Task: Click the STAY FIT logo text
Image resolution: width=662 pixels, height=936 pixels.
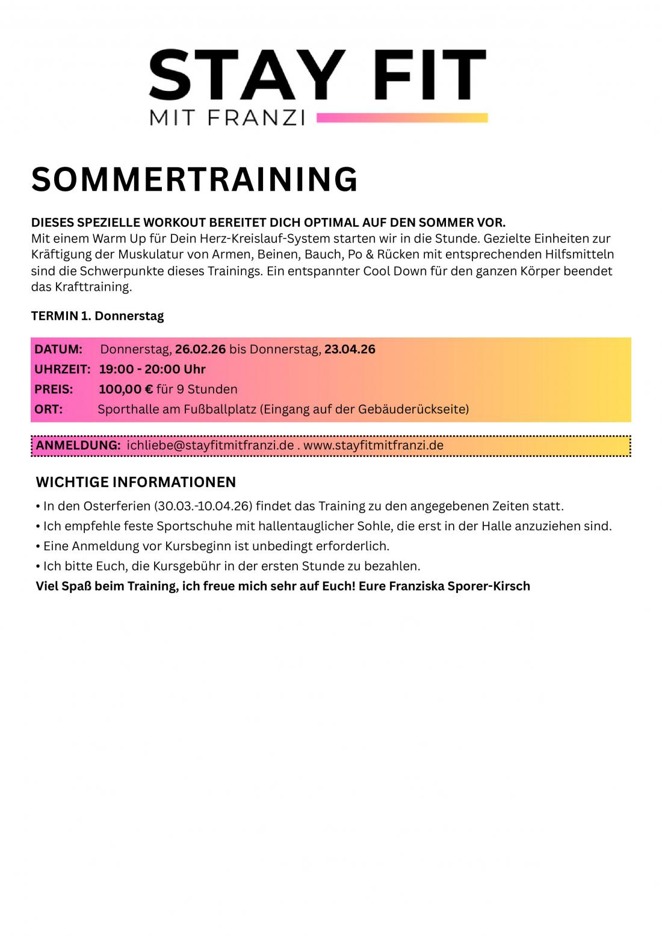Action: tap(317, 75)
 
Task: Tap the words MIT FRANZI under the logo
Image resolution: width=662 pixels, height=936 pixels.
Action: tap(227, 117)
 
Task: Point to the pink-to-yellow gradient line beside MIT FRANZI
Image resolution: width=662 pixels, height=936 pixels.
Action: tap(401, 117)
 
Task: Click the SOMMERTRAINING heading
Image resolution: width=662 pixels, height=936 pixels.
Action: tap(194, 179)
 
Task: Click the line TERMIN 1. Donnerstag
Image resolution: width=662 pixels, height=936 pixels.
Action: tap(97, 316)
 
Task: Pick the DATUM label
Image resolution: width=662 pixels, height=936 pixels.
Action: tap(58, 349)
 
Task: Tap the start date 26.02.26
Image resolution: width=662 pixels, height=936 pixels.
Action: tap(200, 349)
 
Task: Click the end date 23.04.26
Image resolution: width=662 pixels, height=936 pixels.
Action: tap(350, 349)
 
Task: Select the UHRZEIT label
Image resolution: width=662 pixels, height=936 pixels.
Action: tap(62, 369)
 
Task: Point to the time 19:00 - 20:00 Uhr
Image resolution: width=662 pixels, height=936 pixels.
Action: tap(152, 369)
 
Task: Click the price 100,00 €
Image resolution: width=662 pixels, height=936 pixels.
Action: tap(126, 389)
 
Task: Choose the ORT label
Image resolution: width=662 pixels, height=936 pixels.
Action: tap(48, 409)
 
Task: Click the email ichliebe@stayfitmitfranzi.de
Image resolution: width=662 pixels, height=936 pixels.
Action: tap(210, 445)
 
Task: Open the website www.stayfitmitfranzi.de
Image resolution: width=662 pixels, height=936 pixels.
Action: tap(373, 445)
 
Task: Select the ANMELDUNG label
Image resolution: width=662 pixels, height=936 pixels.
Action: tap(78, 445)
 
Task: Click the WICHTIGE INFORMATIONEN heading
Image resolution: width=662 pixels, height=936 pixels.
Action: tap(136, 482)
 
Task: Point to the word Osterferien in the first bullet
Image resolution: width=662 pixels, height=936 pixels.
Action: tap(117, 506)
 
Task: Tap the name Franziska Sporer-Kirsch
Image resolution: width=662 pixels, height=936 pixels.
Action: tap(459, 586)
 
